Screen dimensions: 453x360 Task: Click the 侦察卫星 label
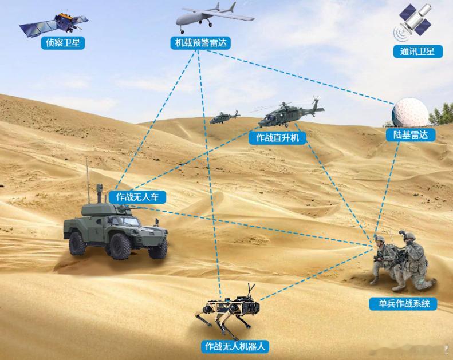tap(62, 43)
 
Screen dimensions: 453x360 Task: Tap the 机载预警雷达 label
tap(200, 43)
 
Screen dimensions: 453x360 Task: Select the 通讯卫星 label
tap(417, 52)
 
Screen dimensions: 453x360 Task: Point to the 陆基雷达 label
tap(411, 134)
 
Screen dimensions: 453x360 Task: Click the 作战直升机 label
tap(277, 138)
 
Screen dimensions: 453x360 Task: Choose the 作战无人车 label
tap(137, 197)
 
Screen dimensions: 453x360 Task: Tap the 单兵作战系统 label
tap(403, 304)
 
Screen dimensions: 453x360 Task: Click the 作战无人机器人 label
tap(235, 346)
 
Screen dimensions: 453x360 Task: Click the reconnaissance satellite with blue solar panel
tap(54, 23)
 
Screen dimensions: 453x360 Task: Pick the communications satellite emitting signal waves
tap(413, 22)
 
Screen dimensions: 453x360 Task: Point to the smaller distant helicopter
tap(224, 117)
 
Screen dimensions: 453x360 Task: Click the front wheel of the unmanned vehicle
tap(119, 246)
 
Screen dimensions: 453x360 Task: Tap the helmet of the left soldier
tap(380, 239)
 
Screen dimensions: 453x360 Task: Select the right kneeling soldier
tap(413, 261)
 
